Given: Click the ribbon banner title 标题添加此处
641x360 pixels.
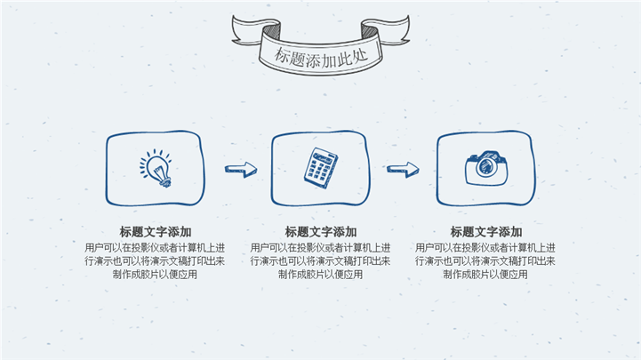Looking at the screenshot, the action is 321,57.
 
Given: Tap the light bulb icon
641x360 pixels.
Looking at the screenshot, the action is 156,168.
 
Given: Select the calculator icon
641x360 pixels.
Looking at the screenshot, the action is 321,168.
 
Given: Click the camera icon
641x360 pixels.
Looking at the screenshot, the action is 486,168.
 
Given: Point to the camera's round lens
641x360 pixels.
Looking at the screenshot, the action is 486,165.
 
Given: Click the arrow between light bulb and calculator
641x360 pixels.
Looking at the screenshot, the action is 241,169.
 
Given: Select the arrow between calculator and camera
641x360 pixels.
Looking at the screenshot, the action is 403,169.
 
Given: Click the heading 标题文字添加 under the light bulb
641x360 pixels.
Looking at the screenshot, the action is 156,232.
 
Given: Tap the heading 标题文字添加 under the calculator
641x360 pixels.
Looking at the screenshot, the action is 321,232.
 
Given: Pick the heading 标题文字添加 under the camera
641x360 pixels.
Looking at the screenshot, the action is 486,232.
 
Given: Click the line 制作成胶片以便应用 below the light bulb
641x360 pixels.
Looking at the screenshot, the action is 155,274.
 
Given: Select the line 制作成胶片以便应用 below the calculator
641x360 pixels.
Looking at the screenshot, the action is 320,274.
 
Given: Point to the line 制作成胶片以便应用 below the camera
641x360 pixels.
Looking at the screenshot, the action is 485,274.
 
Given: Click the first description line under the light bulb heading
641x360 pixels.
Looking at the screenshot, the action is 155,248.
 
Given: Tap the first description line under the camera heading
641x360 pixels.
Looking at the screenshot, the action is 485,248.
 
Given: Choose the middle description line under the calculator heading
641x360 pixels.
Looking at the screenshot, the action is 320,260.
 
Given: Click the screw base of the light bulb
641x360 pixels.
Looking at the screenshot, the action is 164,182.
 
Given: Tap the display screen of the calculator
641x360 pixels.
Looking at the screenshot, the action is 325,157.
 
